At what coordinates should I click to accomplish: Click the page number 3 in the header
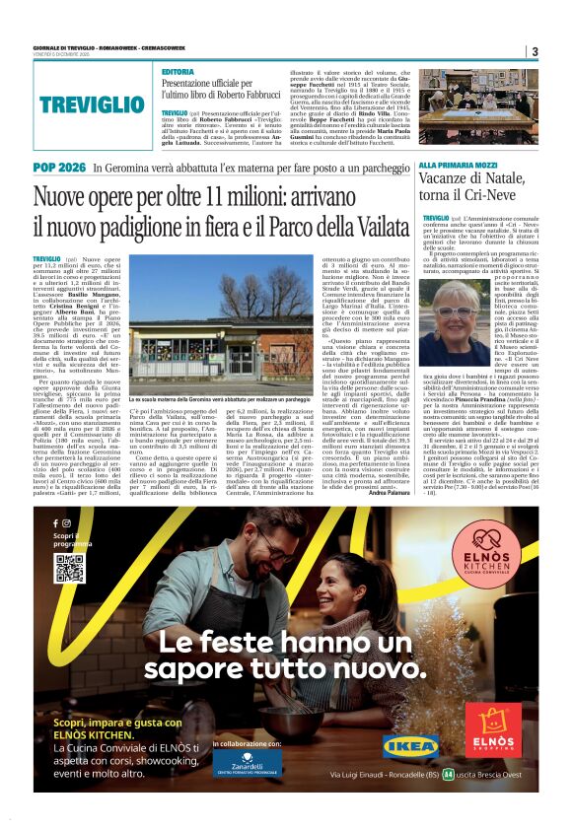click(534, 52)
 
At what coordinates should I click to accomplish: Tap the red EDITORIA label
click(179, 73)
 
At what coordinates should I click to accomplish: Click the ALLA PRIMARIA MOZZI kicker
click(459, 166)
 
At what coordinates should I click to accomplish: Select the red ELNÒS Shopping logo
click(501, 730)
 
